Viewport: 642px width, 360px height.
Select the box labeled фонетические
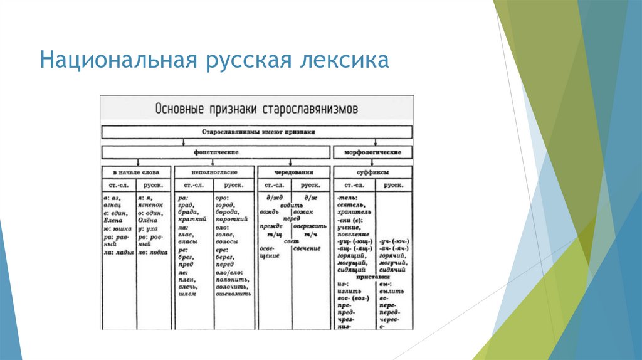(216, 152)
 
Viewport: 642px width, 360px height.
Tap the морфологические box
(374, 152)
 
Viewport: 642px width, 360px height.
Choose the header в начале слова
(132, 172)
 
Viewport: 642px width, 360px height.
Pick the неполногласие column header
(214, 172)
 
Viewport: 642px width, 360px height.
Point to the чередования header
(293, 172)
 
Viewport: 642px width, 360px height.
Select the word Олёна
(149, 220)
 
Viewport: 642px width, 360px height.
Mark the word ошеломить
(233, 294)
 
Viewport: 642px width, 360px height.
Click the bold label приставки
(374, 277)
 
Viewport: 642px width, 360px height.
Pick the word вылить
(392, 291)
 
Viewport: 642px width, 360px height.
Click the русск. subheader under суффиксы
(394, 186)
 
